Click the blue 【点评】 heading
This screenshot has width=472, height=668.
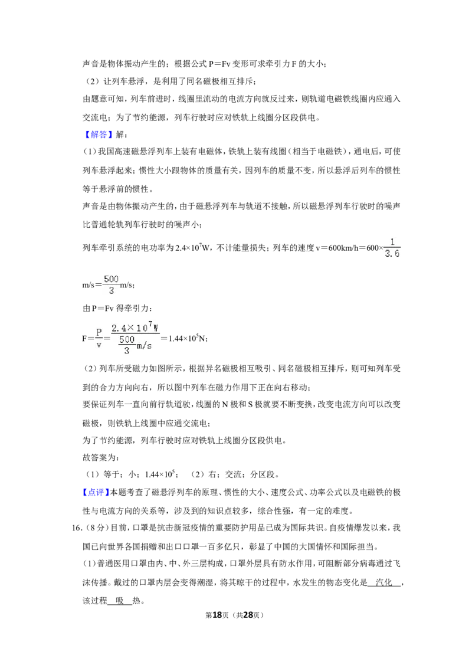[95, 493]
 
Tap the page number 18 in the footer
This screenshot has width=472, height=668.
[217, 615]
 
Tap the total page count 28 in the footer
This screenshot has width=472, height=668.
[248, 615]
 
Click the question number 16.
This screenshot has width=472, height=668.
[76, 528]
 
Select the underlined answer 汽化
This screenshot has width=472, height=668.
[384, 582]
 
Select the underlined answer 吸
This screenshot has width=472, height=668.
[119, 601]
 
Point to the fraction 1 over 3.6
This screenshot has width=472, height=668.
[392, 248]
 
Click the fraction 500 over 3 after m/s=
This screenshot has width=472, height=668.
[111, 284]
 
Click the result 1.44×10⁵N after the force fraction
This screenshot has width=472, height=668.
[188, 338]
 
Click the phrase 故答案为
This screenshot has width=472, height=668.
[101, 457]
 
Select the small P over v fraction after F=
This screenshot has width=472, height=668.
[99, 338]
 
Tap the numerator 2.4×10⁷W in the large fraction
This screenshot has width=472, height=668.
[135, 328]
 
